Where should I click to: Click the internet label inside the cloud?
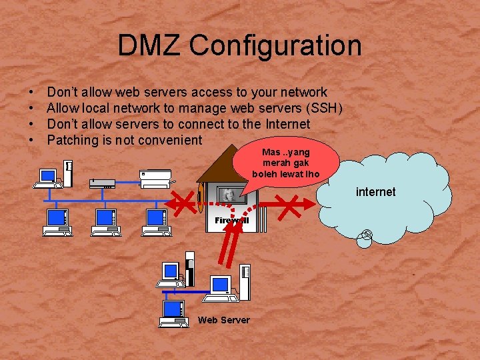point(375,192)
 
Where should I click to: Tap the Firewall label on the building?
point(232,220)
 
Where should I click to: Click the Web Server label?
point(223,320)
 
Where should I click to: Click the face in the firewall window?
point(229,194)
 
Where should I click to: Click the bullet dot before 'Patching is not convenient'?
point(32,141)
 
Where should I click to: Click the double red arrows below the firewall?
point(230,247)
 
